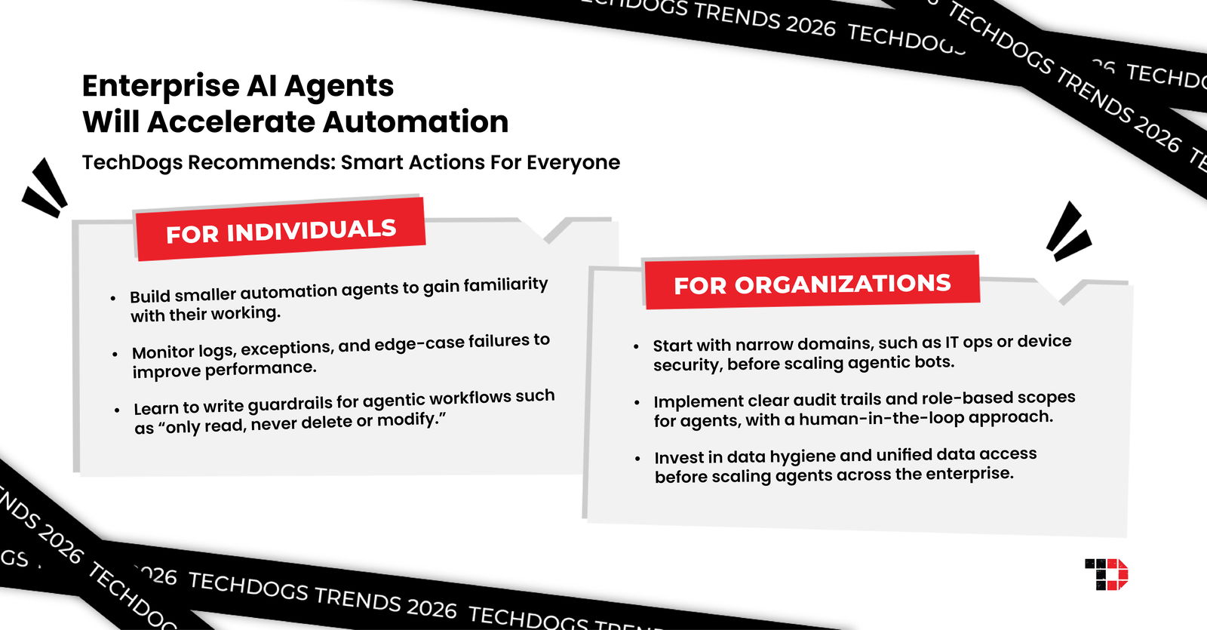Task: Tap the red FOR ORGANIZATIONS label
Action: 812,284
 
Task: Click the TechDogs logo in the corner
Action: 1106,574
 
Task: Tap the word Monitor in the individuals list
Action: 163,352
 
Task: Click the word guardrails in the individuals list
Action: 290,404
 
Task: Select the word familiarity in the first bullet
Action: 505,285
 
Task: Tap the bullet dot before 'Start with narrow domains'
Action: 636,346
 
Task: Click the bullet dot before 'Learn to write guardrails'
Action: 117,410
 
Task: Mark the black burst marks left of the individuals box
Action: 45,188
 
